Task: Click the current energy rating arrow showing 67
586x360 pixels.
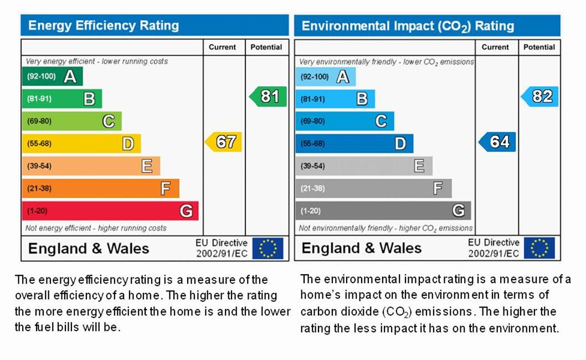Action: click(224, 142)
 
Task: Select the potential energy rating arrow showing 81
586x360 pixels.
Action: click(268, 96)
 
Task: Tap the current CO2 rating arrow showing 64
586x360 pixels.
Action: click(497, 142)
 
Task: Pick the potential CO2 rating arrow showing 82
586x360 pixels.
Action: click(540, 96)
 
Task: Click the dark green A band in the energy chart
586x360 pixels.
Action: click(52, 76)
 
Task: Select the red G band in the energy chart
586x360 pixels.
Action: click(110, 210)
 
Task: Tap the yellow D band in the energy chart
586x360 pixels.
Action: click(81, 143)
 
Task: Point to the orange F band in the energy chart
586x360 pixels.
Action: click(100, 188)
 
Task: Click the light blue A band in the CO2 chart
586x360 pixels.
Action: click(325, 76)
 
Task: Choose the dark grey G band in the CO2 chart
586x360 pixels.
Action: click(383, 210)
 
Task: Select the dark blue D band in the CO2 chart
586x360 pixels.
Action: click(354, 143)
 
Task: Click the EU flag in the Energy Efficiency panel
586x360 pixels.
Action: click(268, 248)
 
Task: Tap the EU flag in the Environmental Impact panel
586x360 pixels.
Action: click(539, 248)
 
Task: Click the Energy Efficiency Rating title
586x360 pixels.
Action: click(104, 25)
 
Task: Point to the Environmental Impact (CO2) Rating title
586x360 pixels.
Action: click(408, 26)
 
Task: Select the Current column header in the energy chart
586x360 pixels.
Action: click(222, 47)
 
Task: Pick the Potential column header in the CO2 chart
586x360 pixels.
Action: click(539, 47)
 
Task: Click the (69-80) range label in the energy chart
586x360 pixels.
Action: click(39, 121)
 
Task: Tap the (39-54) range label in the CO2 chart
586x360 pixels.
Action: click(313, 166)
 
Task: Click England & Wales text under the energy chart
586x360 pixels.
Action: click(89, 248)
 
